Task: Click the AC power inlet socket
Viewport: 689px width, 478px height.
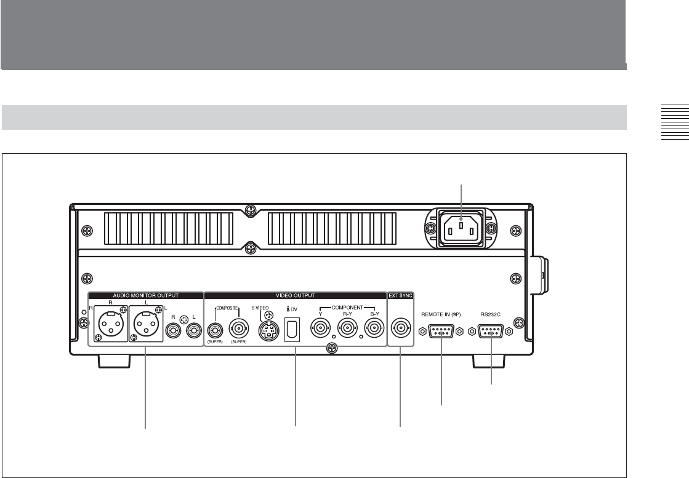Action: pyautogui.click(x=460, y=229)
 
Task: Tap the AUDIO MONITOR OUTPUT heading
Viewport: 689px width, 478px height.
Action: pyautogui.click(x=146, y=296)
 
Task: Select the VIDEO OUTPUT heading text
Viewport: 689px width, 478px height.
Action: pyautogui.click(x=296, y=296)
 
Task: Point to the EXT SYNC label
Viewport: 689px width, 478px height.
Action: pyautogui.click(x=400, y=296)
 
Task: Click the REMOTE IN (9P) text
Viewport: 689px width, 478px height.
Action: pyautogui.click(x=441, y=314)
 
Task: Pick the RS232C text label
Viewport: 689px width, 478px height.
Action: pyautogui.click(x=490, y=314)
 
